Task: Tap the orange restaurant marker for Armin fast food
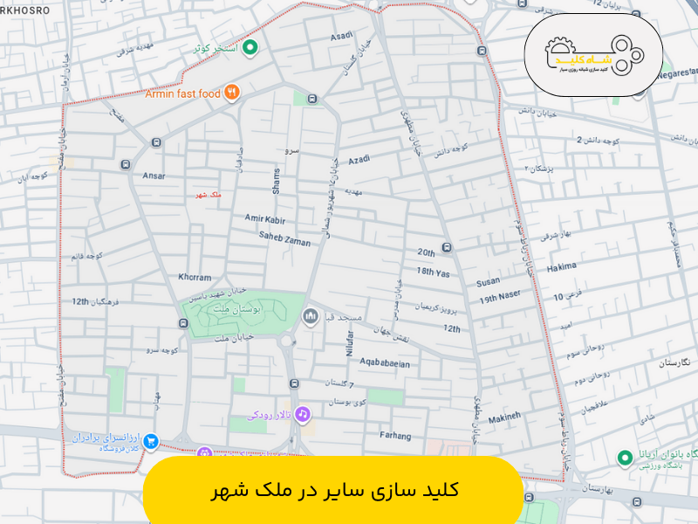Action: pyautogui.click(x=231, y=93)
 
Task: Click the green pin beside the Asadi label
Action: pyautogui.click(x=250, y=48)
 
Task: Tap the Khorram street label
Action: pyautogui.click(x=195, y=277)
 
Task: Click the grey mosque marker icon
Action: pyautogui.click(x=309, y=315)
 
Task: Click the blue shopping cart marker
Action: pyautogui.click(x=151, y=440)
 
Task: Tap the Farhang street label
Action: pyautogui.click(x=395, y=434)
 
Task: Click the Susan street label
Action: pyautogui.click(x=489, y=283)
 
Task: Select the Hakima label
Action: pyautogui.click(x=562, y=269)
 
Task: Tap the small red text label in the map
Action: pyautogui.click(x=205, y=195)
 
